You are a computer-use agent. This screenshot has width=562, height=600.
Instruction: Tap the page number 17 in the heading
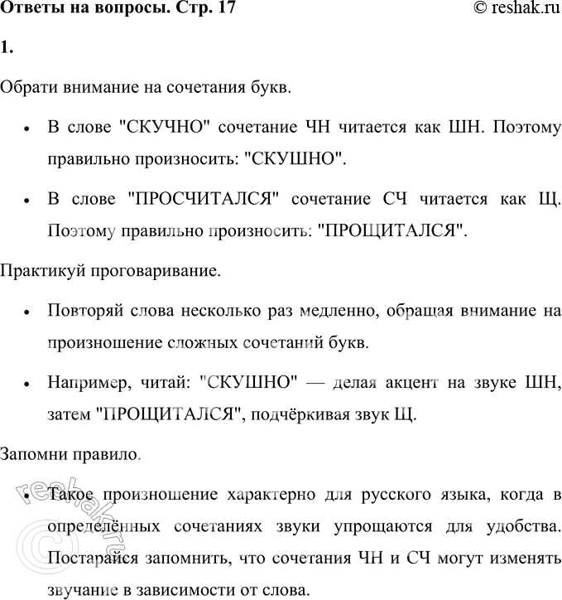pyautogui.click(x=218, y=9)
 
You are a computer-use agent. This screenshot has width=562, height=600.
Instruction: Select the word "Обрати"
pyautogui.click(x=29, y=87)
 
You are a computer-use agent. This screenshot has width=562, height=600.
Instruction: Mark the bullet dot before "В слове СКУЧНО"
pyautogui.click(x=28, y=130)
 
